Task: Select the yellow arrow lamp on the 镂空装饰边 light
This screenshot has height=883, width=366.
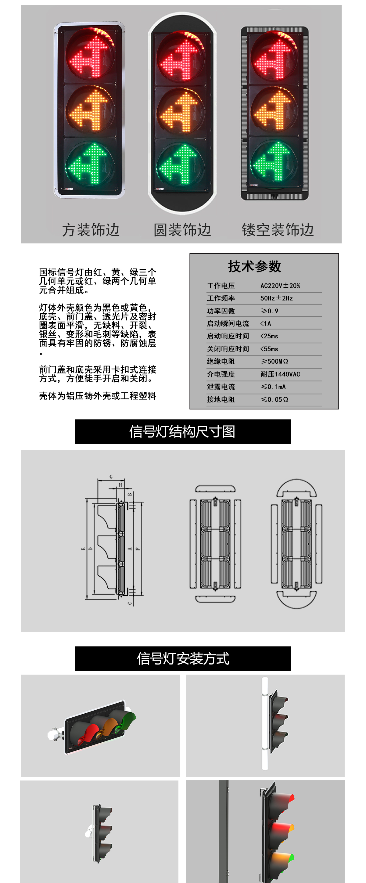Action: [274, 110]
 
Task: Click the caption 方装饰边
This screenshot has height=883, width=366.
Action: [91, 230]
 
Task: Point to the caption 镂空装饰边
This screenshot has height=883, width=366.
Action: [278, 230]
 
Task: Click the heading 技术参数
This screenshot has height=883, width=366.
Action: [255, 266]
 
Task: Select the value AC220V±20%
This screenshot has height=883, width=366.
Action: [280, 286]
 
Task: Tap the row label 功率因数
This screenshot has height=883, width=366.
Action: [221, 311]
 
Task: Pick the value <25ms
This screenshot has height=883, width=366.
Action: [269, 336]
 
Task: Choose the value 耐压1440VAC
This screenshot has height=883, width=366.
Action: [280, 374]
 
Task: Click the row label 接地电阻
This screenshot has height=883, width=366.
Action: [221, 399]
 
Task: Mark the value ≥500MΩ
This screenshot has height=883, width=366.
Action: [274, 361]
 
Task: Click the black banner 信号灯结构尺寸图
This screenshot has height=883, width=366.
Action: [183, 431]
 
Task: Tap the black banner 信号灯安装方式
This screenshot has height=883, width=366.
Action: [183, 658]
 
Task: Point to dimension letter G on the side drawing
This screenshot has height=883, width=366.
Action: [111, 477]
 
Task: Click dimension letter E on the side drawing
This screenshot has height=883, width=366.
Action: [83, 549]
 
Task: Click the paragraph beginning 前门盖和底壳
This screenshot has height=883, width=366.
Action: [98, 374]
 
